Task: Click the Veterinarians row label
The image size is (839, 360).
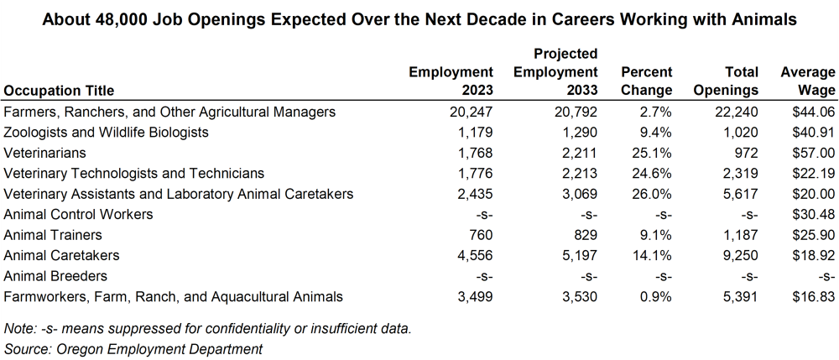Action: [43, 153]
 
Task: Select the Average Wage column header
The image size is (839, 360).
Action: [807, 81]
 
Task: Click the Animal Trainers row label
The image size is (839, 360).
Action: [53, 235]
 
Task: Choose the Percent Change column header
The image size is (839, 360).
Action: [647, 81]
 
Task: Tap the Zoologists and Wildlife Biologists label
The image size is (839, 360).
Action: [106, 133]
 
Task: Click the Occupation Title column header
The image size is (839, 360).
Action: [59, 90]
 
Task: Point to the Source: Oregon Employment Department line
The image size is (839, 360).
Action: [133, 348]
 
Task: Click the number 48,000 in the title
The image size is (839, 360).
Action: [125, 18]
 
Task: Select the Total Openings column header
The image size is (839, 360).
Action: [727, 81]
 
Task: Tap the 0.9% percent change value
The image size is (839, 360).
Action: [654, 296]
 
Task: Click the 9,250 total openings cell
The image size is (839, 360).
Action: [739, 255]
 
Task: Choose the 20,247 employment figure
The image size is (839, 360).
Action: [470, 112]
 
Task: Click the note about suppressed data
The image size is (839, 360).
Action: [207, 328]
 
